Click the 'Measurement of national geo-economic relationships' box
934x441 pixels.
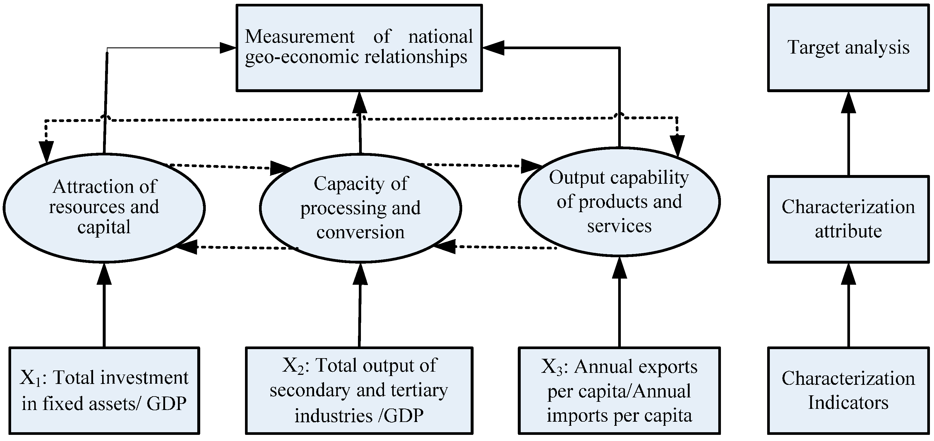pos(359,47)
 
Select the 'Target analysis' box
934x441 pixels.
pos(849,47)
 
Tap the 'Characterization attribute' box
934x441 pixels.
pos(849,219)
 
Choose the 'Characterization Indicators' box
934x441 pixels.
pos(849,390)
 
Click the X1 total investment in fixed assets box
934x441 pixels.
pos(104,390)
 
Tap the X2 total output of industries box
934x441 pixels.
pos(359,390)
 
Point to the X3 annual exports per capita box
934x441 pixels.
pos(619,390)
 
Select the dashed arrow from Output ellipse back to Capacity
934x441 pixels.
pos(497,247)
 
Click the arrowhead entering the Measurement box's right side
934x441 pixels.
pos(492,47)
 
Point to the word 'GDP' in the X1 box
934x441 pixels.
pos(167,403)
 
